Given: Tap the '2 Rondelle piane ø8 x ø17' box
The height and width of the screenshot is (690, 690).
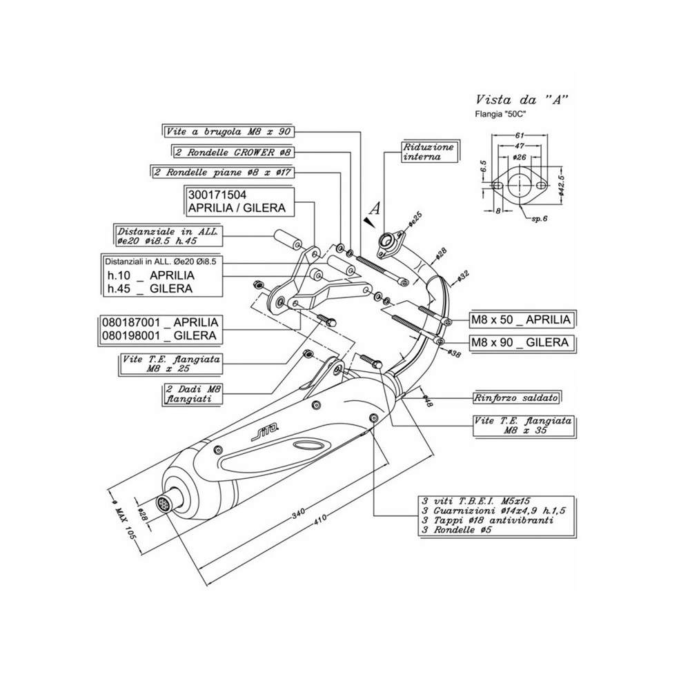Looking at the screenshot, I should coord(220,170).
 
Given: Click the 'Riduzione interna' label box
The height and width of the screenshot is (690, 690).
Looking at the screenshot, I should coord(429,152).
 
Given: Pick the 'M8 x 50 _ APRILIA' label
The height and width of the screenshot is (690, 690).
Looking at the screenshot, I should coord(522,319).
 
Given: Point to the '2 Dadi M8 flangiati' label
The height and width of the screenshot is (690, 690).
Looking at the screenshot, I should coord(194,393).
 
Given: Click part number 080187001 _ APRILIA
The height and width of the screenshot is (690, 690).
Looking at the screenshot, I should coord(160,322).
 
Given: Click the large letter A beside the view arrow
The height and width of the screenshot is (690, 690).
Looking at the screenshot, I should coord(375,206).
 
